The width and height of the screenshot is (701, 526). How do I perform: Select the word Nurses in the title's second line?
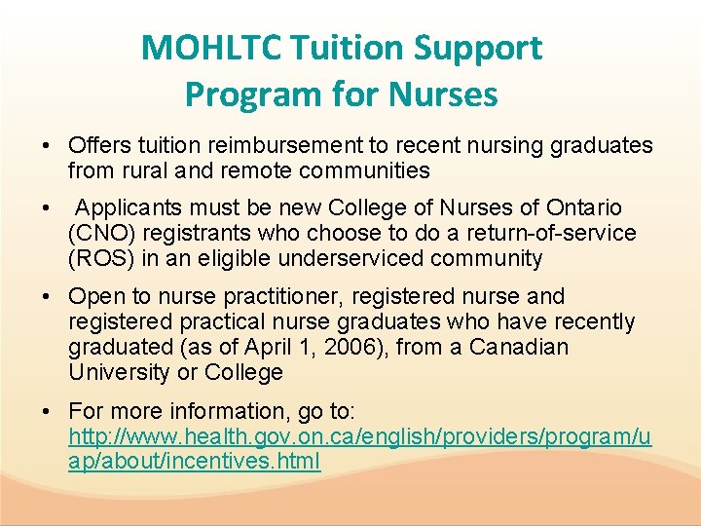point(443,94)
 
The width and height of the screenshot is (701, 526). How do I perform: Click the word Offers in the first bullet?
point(97,145)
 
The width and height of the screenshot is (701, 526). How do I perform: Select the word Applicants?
point(131,208)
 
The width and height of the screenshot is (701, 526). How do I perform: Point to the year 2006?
point(350,347)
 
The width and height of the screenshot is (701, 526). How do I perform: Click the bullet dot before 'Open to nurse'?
point(47,296)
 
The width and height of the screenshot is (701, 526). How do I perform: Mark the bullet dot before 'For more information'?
point(47,410)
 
